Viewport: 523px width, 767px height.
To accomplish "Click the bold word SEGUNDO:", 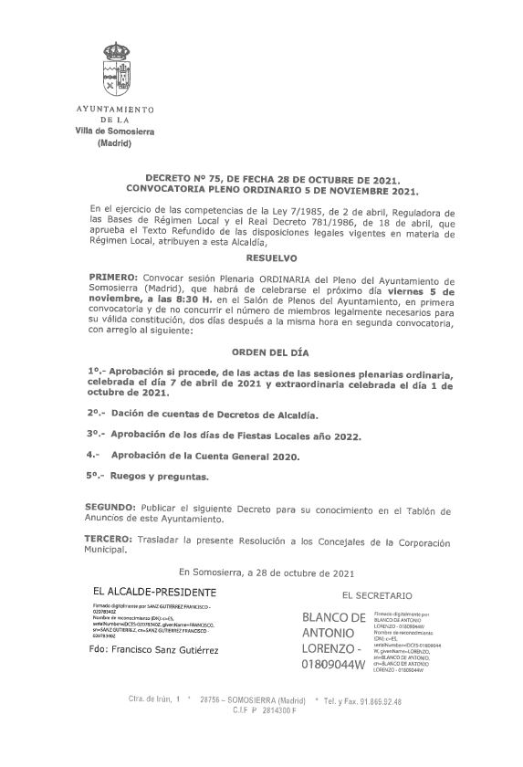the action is (112, 507).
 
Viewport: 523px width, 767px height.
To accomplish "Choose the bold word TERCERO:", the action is (111, 541).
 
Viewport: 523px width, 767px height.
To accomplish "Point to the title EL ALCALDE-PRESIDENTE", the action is (149, 592).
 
